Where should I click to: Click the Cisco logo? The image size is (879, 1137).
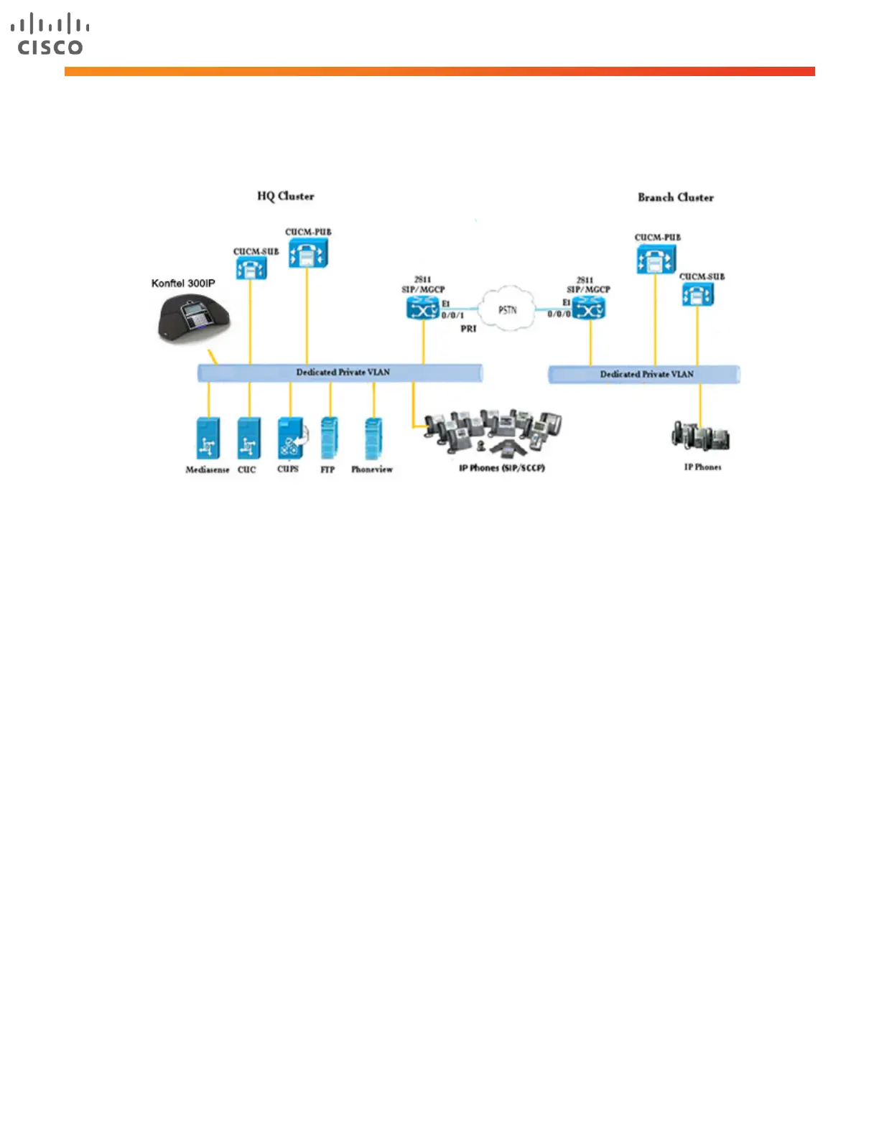(x=50, y=34)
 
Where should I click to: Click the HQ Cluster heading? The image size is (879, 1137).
(x=285, y=196)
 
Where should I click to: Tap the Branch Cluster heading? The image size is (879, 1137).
(x=675, y=197)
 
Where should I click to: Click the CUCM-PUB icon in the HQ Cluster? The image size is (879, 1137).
(x=307, y=253)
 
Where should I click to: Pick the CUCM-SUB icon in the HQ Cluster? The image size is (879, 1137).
(x=251, y=268)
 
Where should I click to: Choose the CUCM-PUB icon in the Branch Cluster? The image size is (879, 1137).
(x=656, y=259)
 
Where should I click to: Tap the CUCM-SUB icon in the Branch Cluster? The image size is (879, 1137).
(x=697, y=295)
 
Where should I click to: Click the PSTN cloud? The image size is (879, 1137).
(x=508, y=309)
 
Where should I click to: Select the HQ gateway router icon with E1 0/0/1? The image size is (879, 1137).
(x=422, y=309)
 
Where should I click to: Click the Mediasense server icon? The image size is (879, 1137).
(x=208, y=438)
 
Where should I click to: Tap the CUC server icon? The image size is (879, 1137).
(x=248, y=438)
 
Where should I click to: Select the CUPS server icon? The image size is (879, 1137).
(x=291, y=438)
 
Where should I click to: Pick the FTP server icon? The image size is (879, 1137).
(x=330, y=438)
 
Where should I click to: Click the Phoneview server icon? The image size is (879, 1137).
(x=373, y=438)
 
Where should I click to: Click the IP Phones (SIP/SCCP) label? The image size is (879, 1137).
(x=501, y=468)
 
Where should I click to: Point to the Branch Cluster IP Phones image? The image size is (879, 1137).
(x=700, y=436)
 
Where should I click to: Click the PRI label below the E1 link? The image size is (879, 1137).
(x=468, y=329)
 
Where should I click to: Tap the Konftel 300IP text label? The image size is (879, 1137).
(x=183, y=284)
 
